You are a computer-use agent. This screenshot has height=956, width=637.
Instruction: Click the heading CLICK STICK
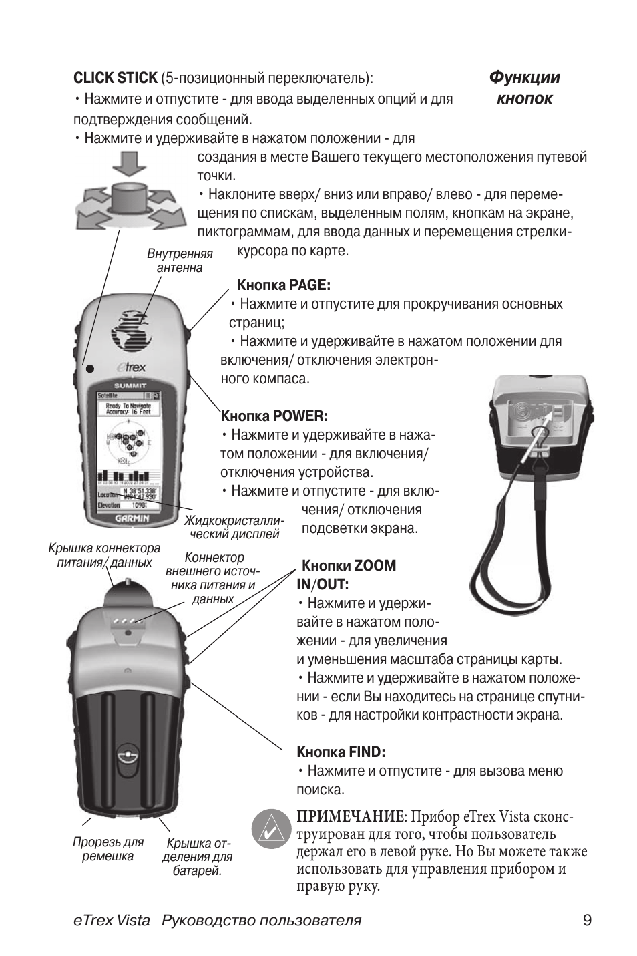pyautogui.click(x=116, y=78)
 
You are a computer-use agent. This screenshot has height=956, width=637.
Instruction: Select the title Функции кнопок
pyautogui.click(x=524, y=88)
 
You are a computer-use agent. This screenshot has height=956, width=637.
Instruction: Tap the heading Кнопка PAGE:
pyautogui.click(x=284, y=285)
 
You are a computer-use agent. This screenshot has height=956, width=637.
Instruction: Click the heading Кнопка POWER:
pyautogui.click(x=274, y=416)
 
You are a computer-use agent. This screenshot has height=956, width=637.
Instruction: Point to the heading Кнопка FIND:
pyautogui.click(x=341, y=752)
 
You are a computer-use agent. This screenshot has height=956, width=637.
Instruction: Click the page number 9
pyautogui.click(x=586, y=921)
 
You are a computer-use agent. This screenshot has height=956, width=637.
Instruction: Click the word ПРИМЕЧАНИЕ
pyautogui.click(x=351, y=817)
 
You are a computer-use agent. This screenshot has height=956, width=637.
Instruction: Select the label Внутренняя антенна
pyautogui.click(x=179, y=261)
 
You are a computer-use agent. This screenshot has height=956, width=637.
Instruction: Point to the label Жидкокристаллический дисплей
pyautogui.click(x=234, y=527)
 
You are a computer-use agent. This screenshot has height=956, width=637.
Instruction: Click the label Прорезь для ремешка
pyautogui.click(x=108, y=850)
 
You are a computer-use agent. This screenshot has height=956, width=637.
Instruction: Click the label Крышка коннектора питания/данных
pyautogui.click(x=104, y=555)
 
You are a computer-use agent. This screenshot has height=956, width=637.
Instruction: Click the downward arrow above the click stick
pyautogui.click(x=129, y=164)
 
